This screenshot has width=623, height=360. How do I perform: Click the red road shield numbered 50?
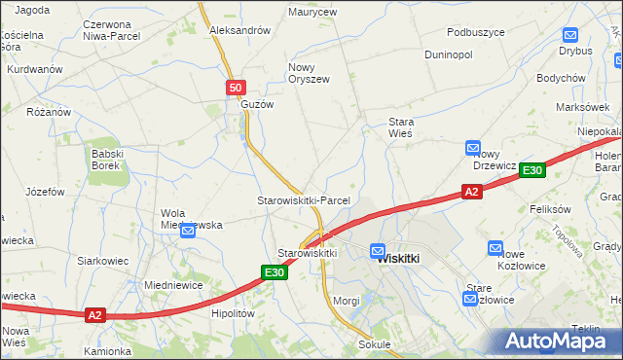(x=236, y=88)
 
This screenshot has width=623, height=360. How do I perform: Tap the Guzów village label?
(x=258, y=104)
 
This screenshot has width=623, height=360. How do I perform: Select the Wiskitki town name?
(x=397, y=259)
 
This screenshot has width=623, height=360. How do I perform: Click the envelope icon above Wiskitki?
(x=378, y=250)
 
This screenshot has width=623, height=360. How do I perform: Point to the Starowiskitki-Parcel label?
(x=303, y=200)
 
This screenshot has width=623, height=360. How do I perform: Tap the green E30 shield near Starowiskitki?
(x=274, y=272)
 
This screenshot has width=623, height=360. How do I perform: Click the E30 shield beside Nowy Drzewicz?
(x=531, y=170)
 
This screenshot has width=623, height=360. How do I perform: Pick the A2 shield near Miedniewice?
(x=93, y=315)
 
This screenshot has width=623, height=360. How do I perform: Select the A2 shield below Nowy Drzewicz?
(x=471, y=193)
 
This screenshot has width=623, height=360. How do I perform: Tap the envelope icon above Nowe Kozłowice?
(x=495, y=250)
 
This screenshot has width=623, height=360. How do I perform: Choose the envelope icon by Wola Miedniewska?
(x=188, y=232)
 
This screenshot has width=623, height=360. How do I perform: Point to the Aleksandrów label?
(x=239, y=30)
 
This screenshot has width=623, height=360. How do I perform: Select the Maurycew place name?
(x=313, y=13)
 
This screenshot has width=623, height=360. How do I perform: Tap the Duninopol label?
(x=449, y=54)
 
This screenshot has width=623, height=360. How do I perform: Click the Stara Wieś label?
(x=400, y=127)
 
